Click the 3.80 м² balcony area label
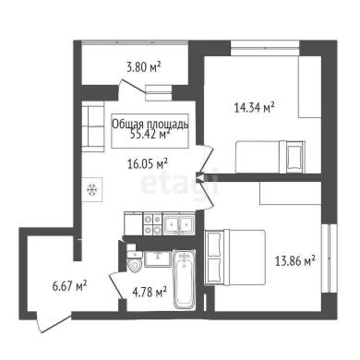point(144,67)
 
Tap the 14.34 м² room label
point(254,108)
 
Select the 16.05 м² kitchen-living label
point(148,164)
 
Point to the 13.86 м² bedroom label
point(294,261)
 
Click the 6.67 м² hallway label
point(69,286)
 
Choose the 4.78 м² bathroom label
point(150,292)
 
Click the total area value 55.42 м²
point(150,134)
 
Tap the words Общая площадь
point(150,125)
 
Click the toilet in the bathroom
point(135,258)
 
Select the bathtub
point(184,280)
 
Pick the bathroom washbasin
point(158,258)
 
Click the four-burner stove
point(152,223)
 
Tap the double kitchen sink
point(178,224)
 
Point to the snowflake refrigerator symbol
point(92,189)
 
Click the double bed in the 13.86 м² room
point(235,258)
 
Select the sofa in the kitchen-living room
point(92,126)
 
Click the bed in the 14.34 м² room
point(270,157)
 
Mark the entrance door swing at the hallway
point(54,323)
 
